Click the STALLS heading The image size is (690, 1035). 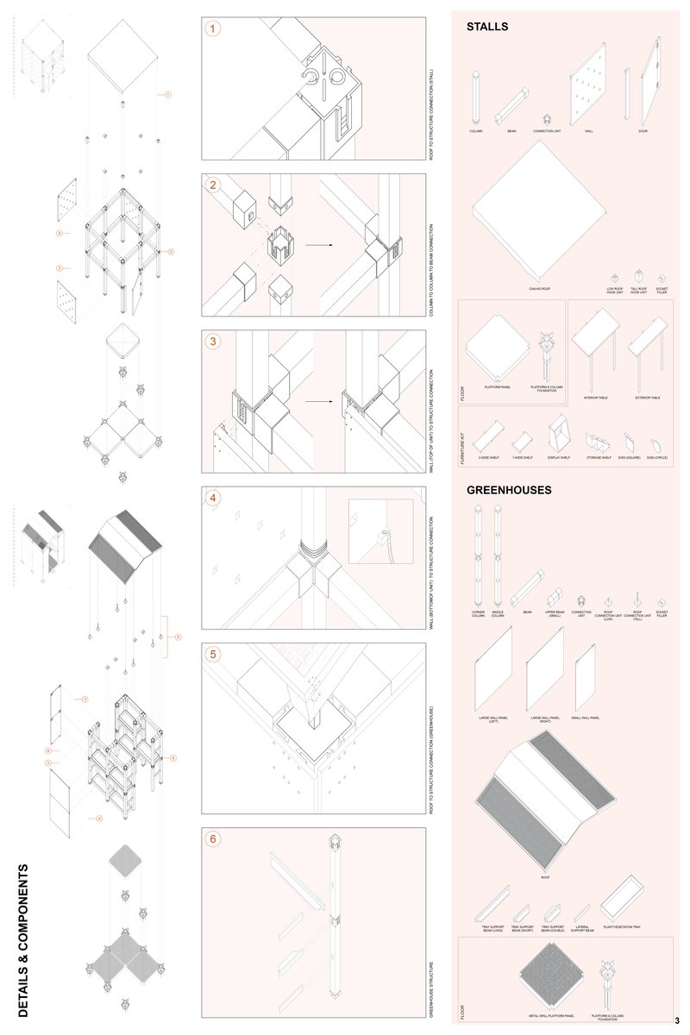pyautogui.click(x=487, y=27)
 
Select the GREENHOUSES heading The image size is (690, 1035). pyautogui.click(x=509, y=490)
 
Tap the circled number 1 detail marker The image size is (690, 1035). pyautogui.click(x=213, y=28)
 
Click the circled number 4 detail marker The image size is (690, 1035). pyautogui.click(x=213, y=498)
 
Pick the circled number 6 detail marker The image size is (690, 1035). pyautogui.click(x=213, y=838)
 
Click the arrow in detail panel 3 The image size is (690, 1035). pyautogui.click(x=317, y=401)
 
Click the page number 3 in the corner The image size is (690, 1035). pyautogui.click(x=677, y=1020)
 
